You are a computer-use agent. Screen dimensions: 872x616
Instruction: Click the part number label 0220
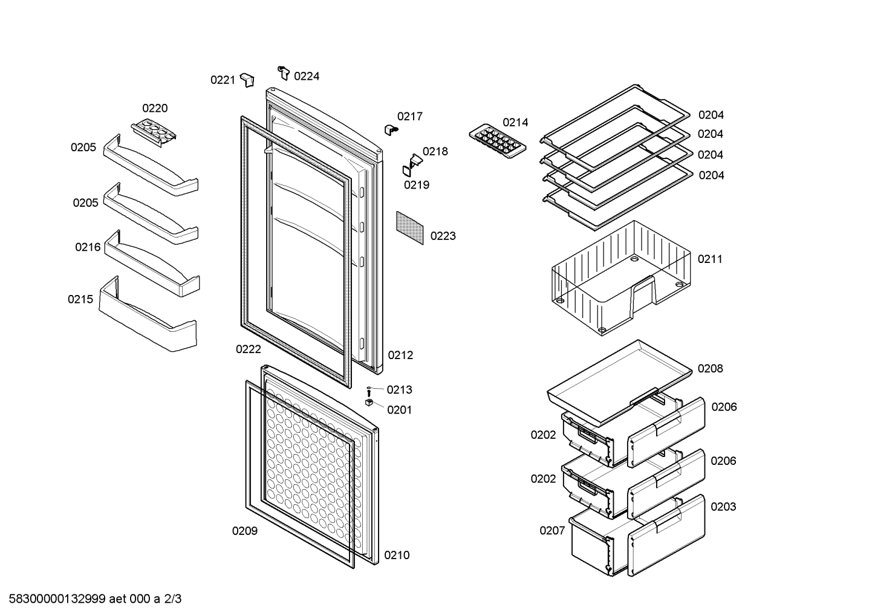pos(155,108)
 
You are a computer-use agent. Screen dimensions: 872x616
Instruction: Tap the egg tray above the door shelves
pos(154,133)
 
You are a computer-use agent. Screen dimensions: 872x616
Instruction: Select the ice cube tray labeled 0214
pos(498,141)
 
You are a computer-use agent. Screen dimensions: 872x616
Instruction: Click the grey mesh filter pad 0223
pos(409,228)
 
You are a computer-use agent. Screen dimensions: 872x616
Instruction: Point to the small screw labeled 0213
pos(369,392)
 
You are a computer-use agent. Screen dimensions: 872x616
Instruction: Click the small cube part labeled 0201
pos(369,403)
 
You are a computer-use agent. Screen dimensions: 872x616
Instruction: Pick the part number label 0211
pos(710,259)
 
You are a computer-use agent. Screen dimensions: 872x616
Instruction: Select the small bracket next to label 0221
pos(247,80)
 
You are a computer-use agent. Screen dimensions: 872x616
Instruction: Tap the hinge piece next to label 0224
pos(284,73)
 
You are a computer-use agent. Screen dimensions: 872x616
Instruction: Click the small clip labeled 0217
pos(391,129)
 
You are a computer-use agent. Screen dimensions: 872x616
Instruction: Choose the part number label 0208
pos(710,369)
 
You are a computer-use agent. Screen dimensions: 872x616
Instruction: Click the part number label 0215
pos(80,299)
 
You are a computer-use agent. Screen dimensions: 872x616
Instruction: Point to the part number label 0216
pos(88,247)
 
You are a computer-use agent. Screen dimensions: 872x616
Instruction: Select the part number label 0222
pos(249,349)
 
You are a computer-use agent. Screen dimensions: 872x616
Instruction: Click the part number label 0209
pos(245,531)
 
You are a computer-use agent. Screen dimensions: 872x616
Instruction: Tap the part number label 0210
pos(397,556)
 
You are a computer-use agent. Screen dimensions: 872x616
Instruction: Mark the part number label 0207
pos(552,530)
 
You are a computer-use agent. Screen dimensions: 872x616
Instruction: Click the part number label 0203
pos(723,507)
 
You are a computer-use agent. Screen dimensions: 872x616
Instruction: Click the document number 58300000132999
pos(57,599)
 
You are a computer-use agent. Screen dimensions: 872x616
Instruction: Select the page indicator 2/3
pos(173,599)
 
